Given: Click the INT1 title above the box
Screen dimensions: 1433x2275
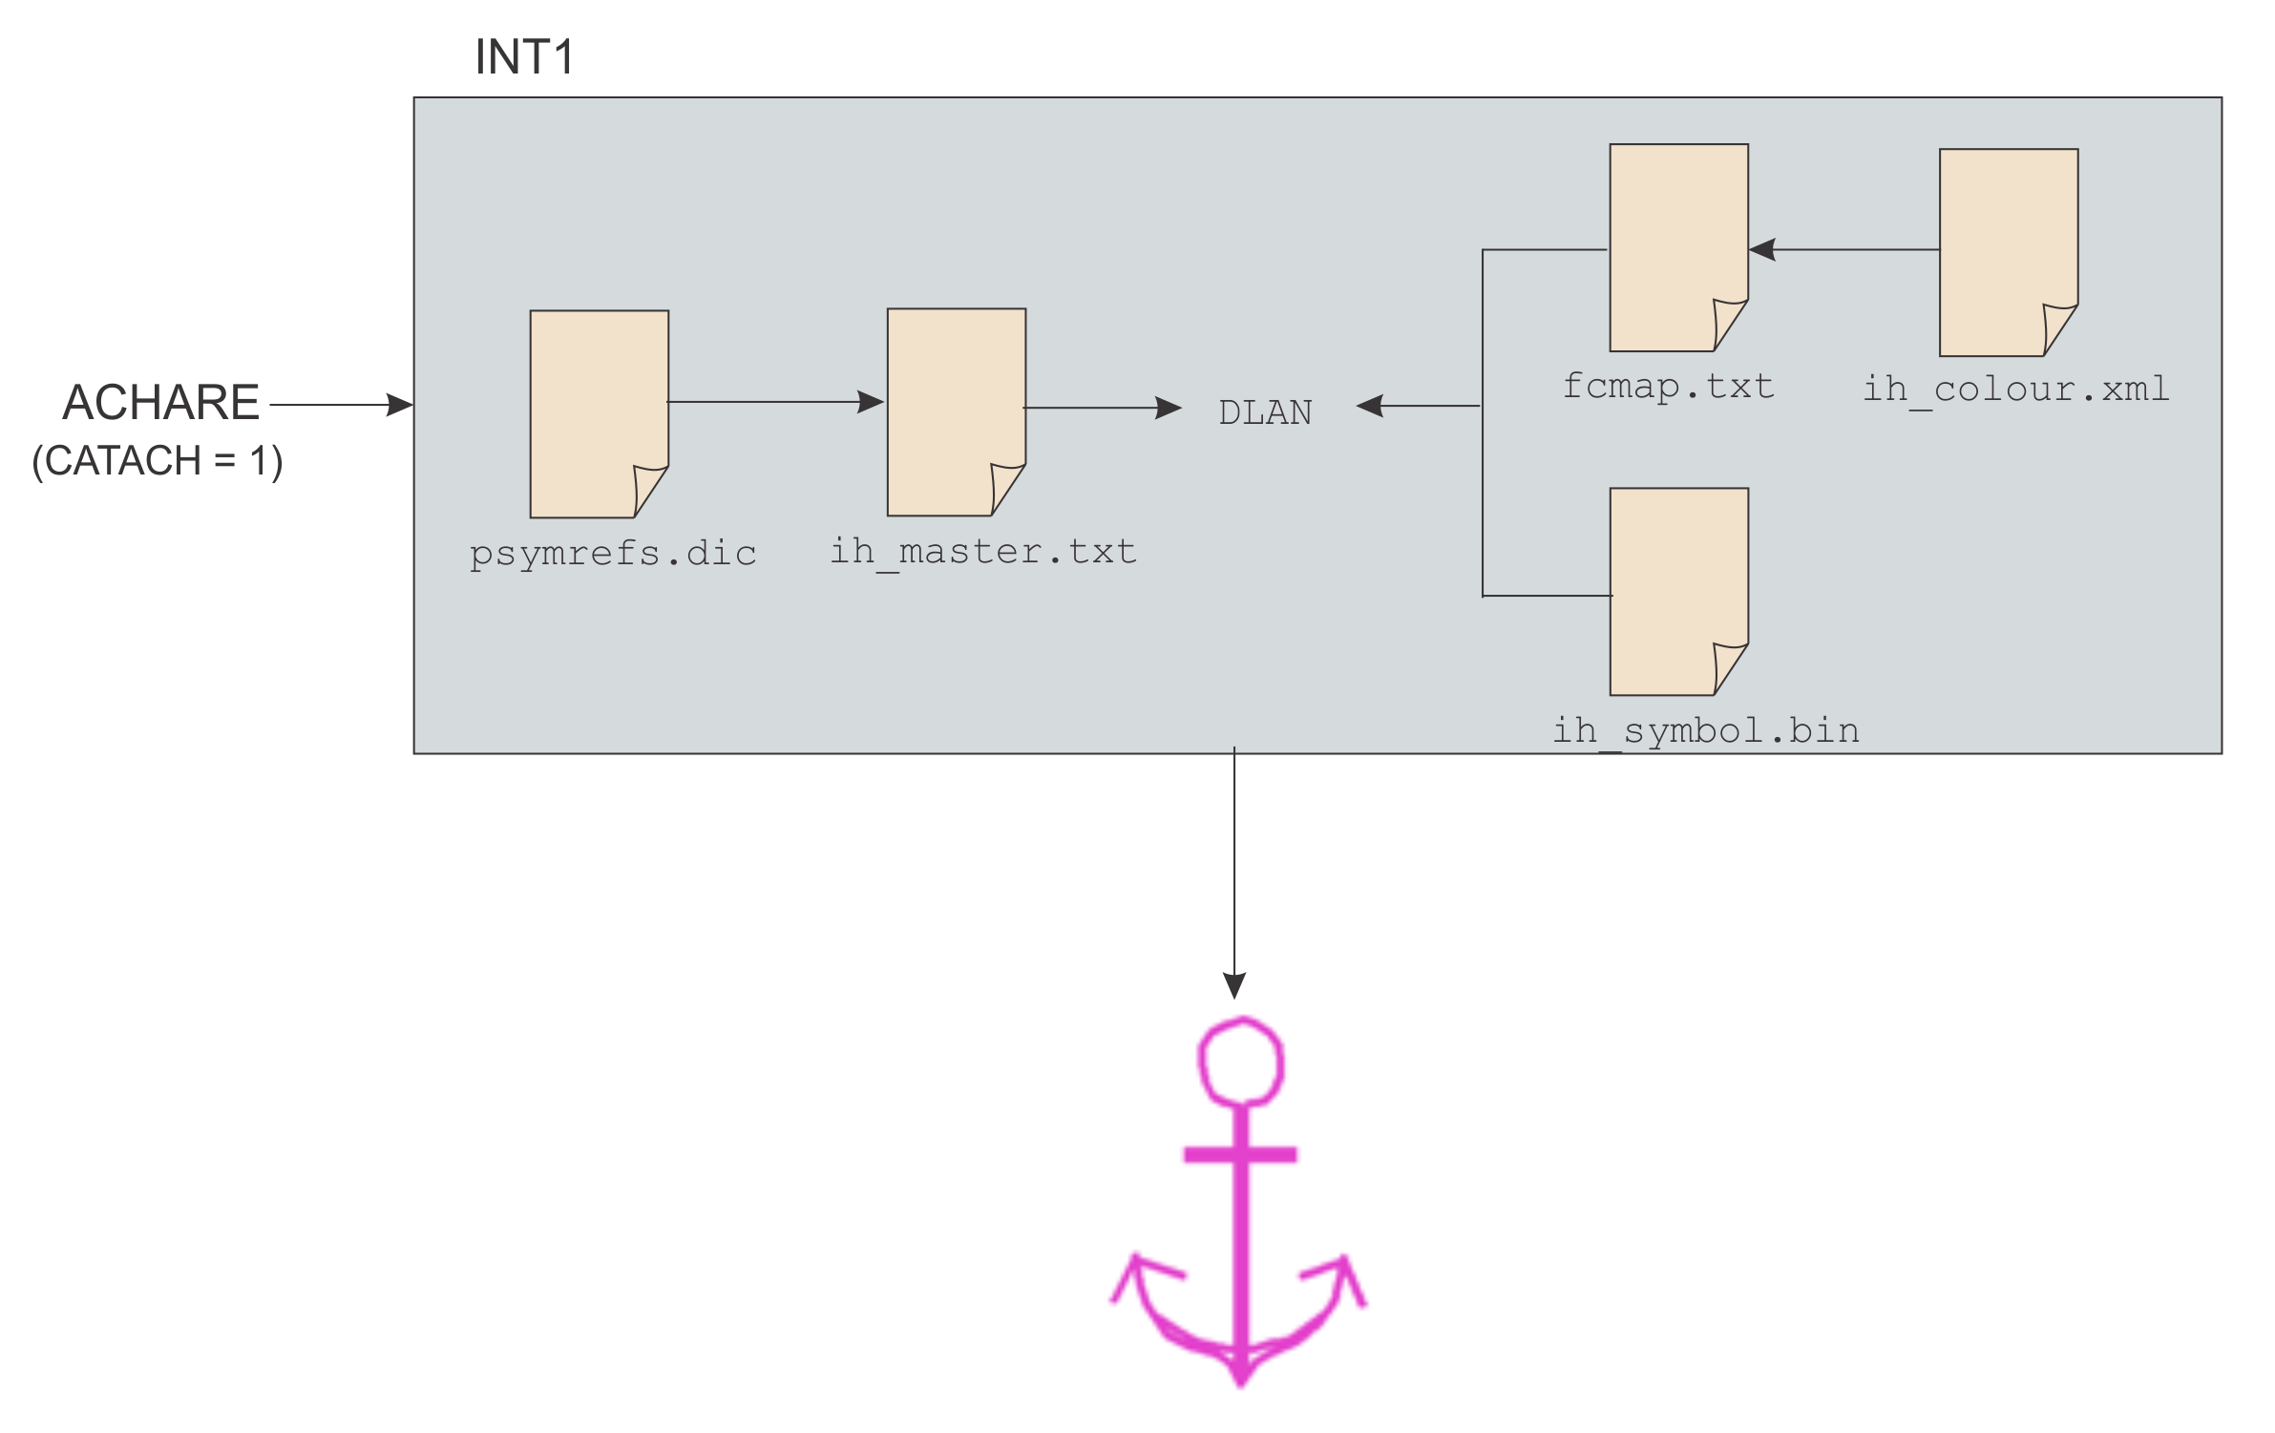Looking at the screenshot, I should point(524,57).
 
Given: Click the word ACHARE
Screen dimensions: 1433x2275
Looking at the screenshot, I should point(160,402).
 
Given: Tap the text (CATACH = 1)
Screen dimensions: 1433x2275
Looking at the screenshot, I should point(158,461).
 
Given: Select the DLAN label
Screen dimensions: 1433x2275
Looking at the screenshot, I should point(1265,413).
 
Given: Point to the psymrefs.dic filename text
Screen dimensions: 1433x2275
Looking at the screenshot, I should point(613,554).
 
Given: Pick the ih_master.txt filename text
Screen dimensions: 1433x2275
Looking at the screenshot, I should point(983,552).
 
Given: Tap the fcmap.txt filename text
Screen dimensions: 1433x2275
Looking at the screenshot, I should point(1668,387).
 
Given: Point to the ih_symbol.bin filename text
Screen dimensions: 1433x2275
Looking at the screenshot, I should point(1706,731).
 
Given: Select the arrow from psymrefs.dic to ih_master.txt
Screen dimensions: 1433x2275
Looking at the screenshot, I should point(775,402).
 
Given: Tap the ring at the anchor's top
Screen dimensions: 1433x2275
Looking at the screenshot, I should point(1240,1062).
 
